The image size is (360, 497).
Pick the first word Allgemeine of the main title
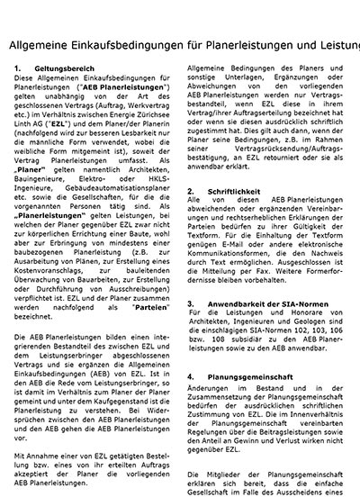point(40,46)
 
